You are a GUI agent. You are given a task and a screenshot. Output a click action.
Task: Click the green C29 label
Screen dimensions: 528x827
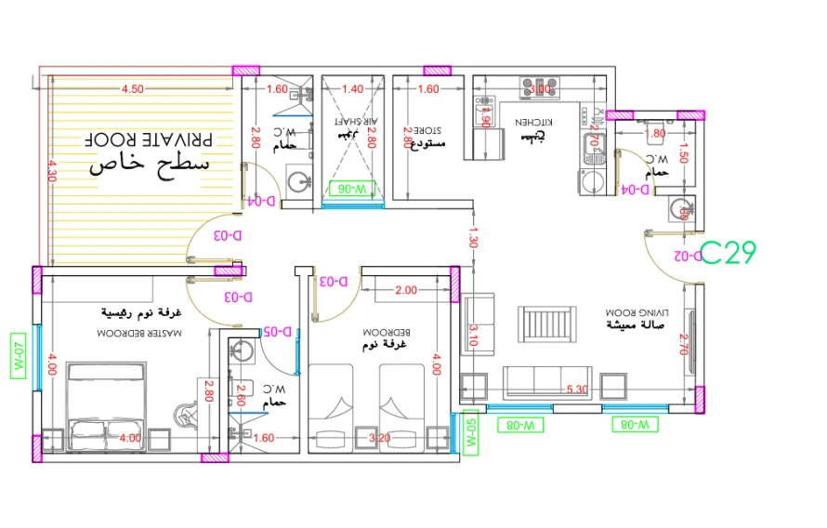729,253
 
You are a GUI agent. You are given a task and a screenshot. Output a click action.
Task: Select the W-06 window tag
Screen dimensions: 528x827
353,189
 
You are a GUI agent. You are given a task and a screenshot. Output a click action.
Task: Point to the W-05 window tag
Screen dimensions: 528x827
470,432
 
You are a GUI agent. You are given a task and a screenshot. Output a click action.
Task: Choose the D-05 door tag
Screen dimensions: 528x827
278,331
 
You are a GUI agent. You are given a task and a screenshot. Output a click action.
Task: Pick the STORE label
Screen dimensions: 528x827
427,131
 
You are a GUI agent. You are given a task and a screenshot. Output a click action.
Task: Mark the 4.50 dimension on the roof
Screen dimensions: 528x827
132,89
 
